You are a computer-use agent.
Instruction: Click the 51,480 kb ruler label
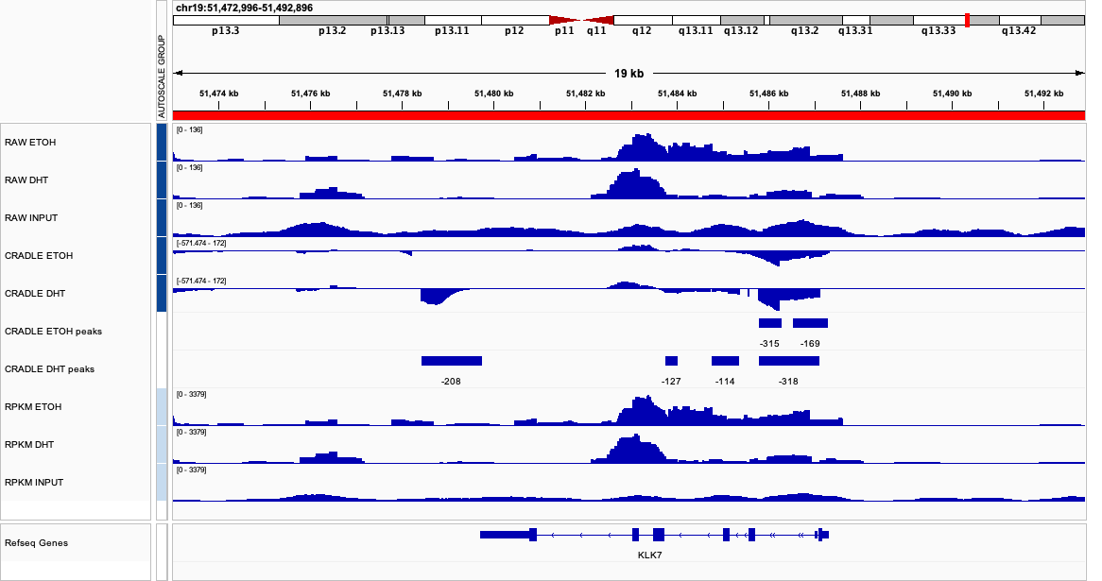[494, 94]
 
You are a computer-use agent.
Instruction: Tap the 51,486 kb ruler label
[768, 94]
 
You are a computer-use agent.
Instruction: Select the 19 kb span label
[628, 74]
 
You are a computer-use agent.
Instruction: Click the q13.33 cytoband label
[938, 31]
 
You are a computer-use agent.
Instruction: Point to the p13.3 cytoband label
[226, 31]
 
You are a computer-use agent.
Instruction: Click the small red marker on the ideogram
[967, 20]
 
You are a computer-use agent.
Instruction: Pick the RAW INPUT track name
[31, 218]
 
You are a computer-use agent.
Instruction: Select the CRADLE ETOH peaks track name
[53, 332]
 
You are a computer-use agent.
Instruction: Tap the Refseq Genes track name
[36, 543]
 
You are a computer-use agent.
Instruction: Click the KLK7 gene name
[650, 555]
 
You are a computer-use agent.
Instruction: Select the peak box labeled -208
[452, 361]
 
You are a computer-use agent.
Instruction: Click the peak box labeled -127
[671, 361]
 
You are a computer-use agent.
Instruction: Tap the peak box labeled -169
[810, 323]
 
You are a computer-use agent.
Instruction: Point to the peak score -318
[788, 381]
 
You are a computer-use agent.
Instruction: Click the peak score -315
[769, 343]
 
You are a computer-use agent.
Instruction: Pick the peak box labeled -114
[725, 361]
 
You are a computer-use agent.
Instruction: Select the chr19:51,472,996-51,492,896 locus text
[244, 8]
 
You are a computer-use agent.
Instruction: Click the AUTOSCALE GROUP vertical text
[162, 75]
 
